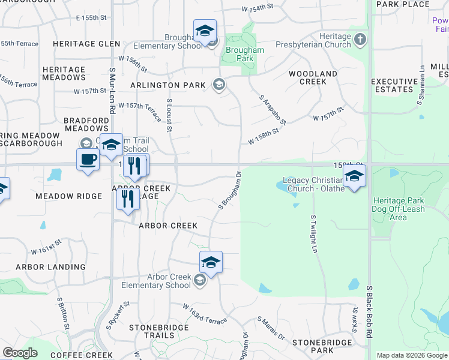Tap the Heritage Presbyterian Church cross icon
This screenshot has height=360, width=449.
pyautogui.click(x=360, y=40)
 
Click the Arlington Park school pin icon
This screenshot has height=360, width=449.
pyautogui.click(x=218, y=85)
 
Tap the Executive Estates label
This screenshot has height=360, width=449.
pyautogui.click(x=394, y=85)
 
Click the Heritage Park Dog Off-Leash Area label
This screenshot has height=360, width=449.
pyautogui.click(x=399, y=209)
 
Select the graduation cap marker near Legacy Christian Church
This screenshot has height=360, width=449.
pyautogui.click(x=354, y=176)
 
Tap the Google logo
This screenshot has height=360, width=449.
pyautogui.click(x=20, y=353)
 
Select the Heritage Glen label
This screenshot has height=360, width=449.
pyautogui.click(x=86, y=44)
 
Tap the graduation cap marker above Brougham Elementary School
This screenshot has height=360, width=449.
pyautogui.click(x=205, y=31)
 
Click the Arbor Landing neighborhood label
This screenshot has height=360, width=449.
pyautogui.click(x=50, y=267)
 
